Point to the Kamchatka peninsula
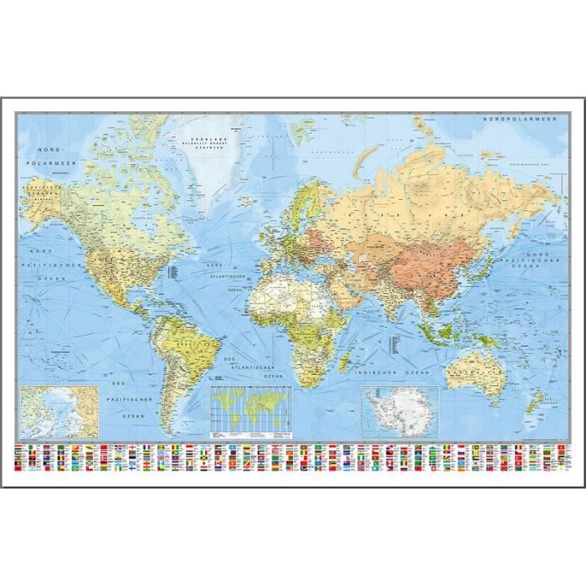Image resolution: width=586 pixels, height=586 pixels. coord(527,209)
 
